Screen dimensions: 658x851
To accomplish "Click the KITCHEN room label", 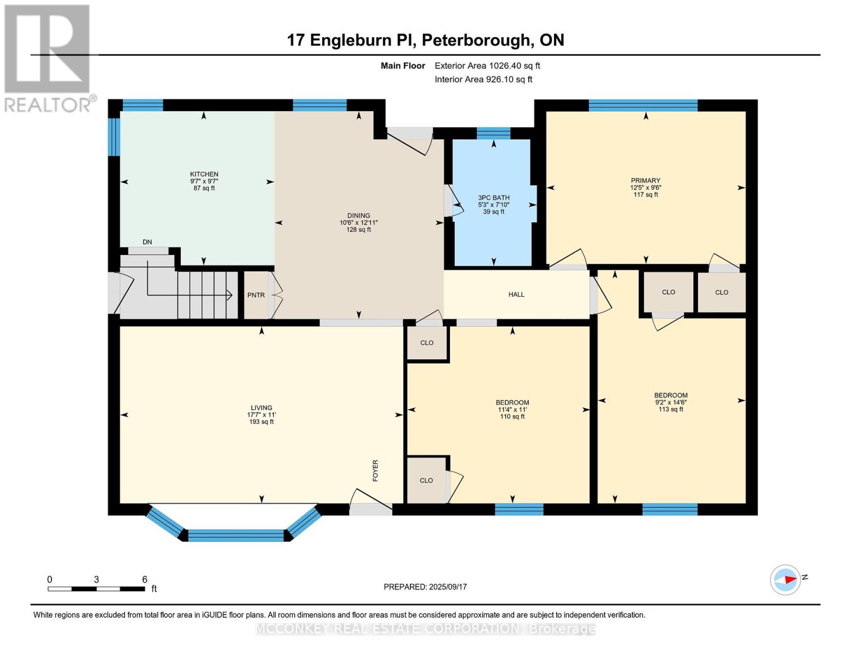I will (x=204, y=174).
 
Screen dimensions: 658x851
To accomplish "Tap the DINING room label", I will (x=358, y=215).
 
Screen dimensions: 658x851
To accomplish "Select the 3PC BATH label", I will (x=494, y=198).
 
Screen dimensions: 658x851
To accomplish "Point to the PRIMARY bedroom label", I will (x=646, y=180).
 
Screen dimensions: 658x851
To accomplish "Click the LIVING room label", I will (x=261, y=407).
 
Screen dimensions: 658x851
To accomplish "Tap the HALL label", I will (x=516, y=294).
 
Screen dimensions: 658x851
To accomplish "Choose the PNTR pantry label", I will (x=256, y=295).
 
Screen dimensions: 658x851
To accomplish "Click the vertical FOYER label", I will (x=375, y=470).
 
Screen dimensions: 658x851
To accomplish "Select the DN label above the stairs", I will (x=147, y=242).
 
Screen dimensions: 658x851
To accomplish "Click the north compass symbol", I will (x=786, y=580).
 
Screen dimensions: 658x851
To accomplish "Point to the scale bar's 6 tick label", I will (x=145, y=580).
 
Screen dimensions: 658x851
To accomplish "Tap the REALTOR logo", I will (x=48, y=58).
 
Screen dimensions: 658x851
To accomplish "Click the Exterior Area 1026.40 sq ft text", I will (x=487, y=66).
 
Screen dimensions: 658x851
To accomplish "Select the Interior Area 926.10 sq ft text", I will (x=483, y=80).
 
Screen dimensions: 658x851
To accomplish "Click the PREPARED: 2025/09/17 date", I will (x=425, y=587).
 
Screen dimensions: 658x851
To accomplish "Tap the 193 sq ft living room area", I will (x=261, y=422).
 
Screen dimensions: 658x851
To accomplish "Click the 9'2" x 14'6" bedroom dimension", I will (x=671, y=402).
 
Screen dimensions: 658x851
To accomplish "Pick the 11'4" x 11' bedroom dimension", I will (x=512, y=410).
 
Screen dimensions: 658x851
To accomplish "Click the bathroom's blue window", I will (x=493, y=133).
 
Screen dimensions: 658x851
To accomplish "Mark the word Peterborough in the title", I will (x=476, y=40).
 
